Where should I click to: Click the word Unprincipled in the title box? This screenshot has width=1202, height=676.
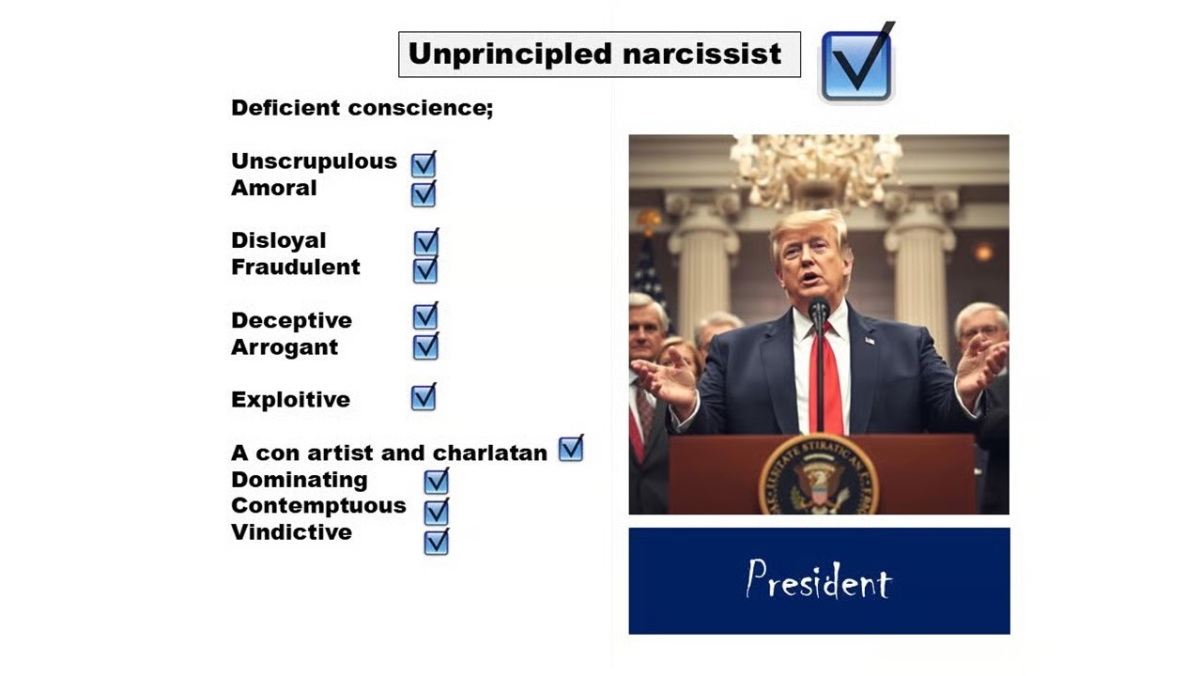(510, 54)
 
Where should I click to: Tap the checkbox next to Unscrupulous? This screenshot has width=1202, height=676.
(424, 164)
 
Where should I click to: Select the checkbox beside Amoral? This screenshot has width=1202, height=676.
(424, 193)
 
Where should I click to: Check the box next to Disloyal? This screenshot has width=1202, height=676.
(426, 241)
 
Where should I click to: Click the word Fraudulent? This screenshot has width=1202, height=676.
(295, 267)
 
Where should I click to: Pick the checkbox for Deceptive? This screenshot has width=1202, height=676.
(425, 315)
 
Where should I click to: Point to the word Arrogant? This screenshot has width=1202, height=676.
(285, 347)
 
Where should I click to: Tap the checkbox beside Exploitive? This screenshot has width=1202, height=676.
(424, 397)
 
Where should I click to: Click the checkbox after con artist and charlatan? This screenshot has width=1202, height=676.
(571, 449)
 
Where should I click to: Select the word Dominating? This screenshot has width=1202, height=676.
(300, 480)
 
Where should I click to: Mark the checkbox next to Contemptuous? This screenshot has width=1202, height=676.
(437, 512)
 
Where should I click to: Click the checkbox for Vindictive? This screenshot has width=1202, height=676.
(437, 542)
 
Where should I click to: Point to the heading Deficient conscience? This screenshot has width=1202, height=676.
(362, 108)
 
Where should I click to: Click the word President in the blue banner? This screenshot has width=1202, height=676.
(819, 579)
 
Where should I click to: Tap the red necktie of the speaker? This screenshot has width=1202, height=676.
(826, 381)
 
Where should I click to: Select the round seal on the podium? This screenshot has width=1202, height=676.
(819, 476)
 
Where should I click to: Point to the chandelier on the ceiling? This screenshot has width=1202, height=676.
(816, 167)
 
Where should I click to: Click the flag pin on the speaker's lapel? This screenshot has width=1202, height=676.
(870, 340)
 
